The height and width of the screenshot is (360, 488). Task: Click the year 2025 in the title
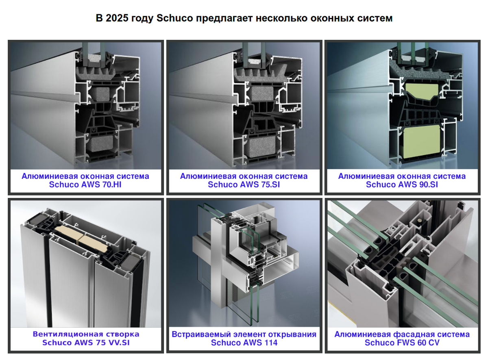point(117,18)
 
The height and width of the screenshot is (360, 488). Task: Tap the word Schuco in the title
point(175,18)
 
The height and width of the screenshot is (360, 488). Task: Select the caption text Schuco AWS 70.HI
point(85,184)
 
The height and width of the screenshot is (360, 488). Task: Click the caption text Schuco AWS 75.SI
point(244,184)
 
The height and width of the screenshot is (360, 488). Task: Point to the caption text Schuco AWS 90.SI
point(402,184)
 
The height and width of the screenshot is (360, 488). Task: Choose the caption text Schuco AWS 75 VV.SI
point(86,343)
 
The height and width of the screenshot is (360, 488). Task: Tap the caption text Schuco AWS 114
point(244,343)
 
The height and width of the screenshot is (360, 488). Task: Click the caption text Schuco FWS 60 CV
point(402,343)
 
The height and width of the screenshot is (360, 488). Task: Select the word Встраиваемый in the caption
point(201,334)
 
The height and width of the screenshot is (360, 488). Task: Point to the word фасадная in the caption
point(411,334)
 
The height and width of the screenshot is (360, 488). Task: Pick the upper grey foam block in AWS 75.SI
point(261,93)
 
